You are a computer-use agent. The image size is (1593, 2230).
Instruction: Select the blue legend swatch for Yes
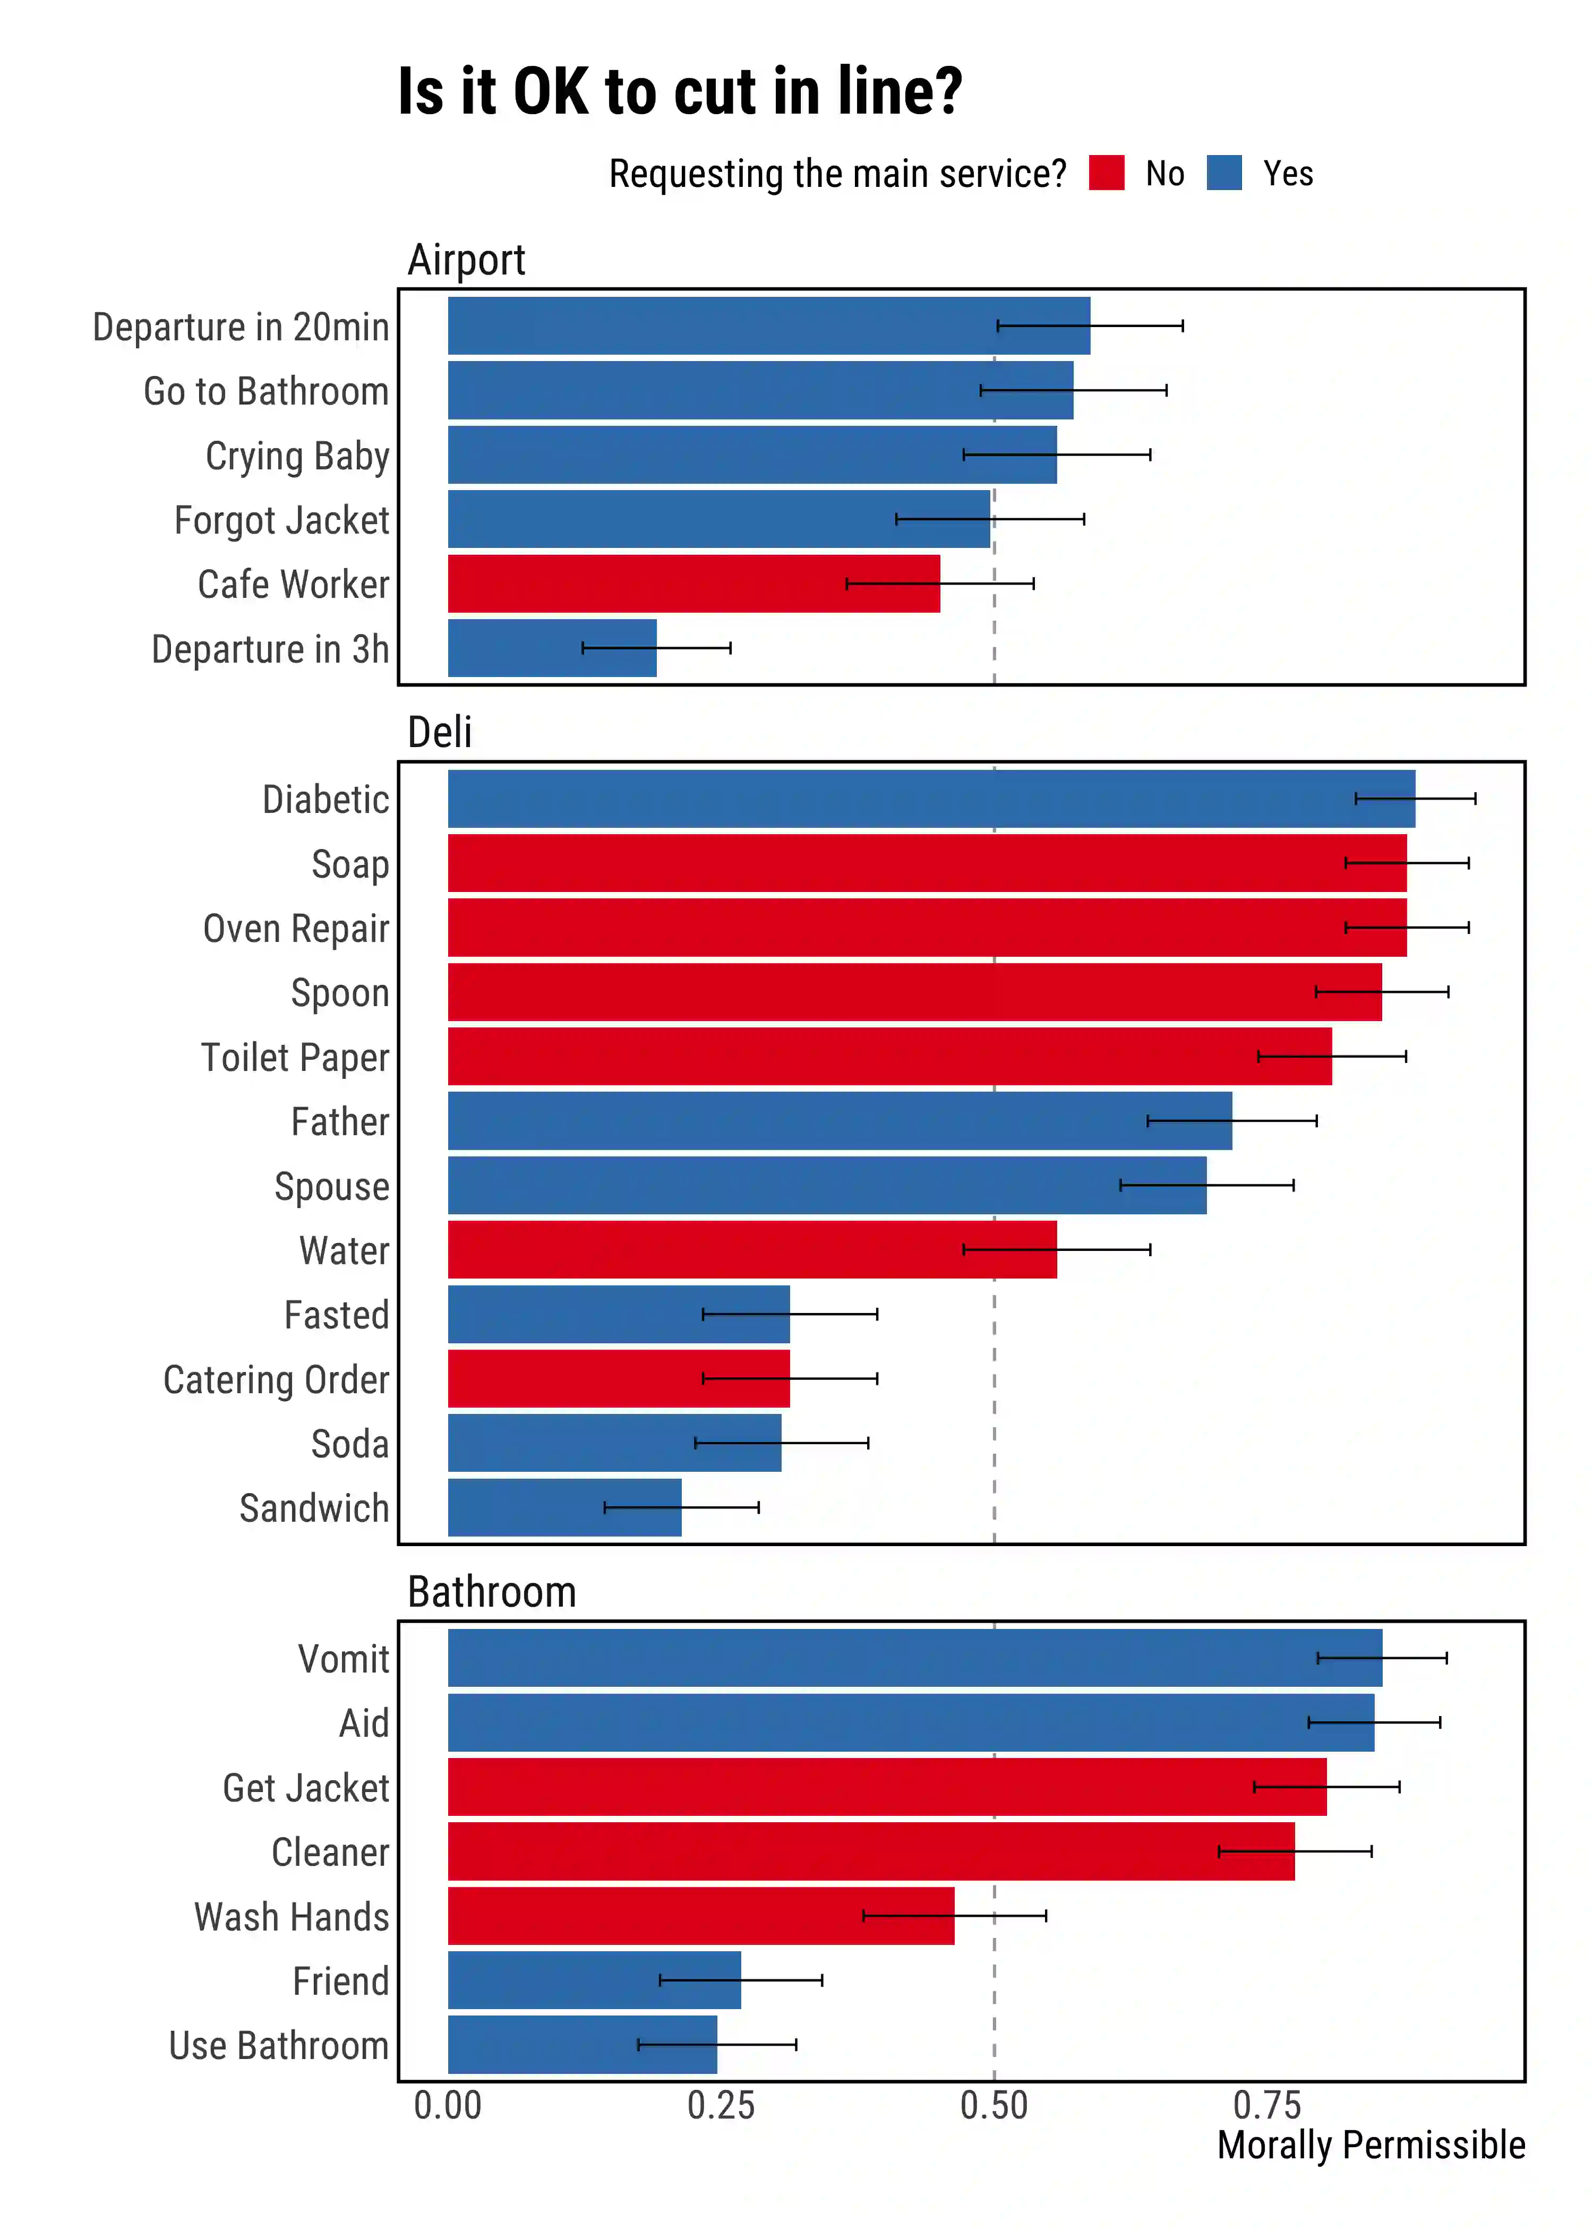click(x=1223, y=174)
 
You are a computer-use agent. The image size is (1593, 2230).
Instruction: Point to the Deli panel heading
click(x=440, y=733)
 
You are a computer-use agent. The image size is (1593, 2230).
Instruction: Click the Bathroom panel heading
click(x=491, y=1592)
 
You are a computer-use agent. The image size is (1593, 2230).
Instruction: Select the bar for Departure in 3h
click(x=551, y=648)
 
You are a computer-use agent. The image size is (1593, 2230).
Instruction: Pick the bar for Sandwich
click(x=564, y=1507)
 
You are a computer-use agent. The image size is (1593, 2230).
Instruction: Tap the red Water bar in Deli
click(x=751, y=1249)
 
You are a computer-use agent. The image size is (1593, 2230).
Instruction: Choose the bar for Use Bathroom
click(x=581, y=2045)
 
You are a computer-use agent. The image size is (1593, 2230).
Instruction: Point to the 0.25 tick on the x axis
click(x=721, y=2105)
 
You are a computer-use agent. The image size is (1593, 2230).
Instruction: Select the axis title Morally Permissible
click(x=1371, y=2146)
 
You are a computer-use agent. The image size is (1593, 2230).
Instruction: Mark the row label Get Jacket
click(x=305, y=1788)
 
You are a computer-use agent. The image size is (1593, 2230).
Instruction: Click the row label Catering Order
click(x=276, y=1380)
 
